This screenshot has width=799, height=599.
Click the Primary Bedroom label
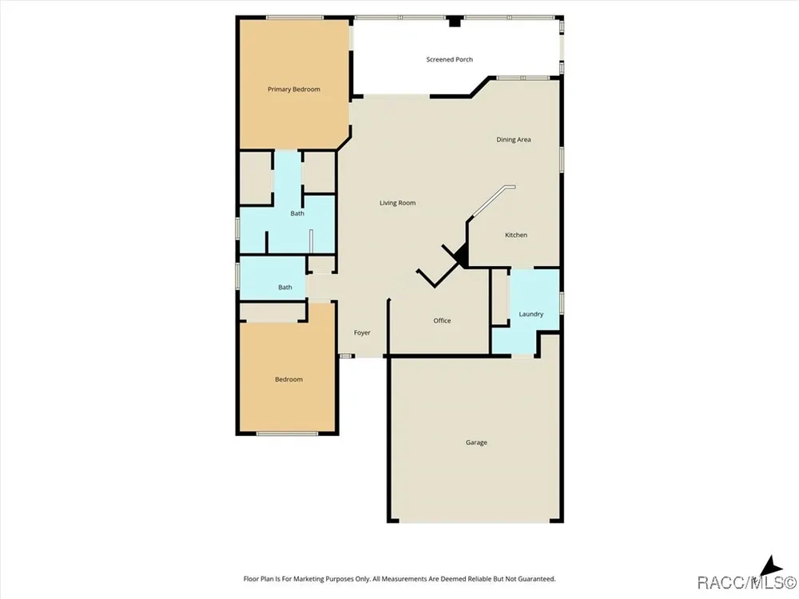point(294,89)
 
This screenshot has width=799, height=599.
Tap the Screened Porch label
point(449,60)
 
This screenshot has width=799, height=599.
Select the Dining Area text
point(514,140)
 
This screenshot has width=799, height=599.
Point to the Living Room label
point(397,203)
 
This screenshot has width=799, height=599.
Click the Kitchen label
point(515,235)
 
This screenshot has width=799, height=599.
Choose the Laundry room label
point(531,314)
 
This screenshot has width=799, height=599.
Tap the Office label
point(442,320)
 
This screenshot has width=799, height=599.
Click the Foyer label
point(362,332)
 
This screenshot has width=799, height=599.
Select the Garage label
point(476,442)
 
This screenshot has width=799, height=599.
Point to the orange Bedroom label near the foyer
point(289,379)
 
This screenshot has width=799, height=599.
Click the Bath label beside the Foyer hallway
point(285,288)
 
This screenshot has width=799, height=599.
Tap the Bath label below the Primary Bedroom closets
point(297,213)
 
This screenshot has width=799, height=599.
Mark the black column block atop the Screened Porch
point(454,22)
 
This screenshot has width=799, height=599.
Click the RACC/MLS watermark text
point(746,582)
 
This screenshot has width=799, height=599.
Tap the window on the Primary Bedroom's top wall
point(295,18)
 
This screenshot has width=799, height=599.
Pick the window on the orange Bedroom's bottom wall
point(287,434)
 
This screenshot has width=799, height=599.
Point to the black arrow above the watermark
point(770,565)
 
